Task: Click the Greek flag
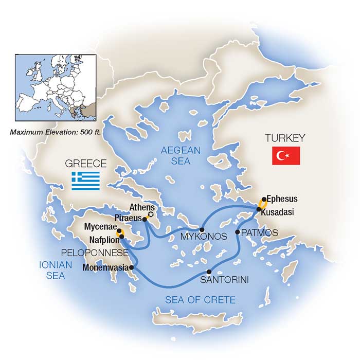(x=85, y=181)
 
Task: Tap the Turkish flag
(x=285, y=155)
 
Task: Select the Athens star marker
(x=151, y=214)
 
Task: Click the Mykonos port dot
(x=202, y=229)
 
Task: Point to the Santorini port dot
(x=209, y=272)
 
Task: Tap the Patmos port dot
(x=237, y=232)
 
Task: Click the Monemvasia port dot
(x=132, y=267)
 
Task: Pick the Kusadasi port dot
(x=258, y=209)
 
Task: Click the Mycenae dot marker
(x=119, y=231)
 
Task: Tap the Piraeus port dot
(x=145, y=220)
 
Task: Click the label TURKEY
(x=284, y=138)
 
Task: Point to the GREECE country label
(x=85, y=164)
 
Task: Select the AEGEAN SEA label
(x=175, y=156)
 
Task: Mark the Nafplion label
(x=100, y=240)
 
